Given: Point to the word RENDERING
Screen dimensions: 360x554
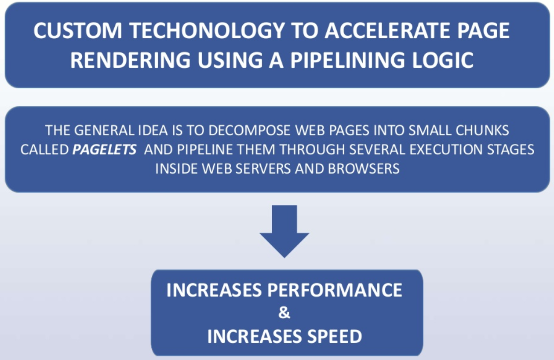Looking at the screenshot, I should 130,60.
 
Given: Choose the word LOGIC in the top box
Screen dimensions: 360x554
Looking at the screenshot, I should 445,60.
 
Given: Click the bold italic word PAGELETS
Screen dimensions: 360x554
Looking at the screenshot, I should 104,149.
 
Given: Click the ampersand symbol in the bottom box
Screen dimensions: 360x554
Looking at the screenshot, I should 284,313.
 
